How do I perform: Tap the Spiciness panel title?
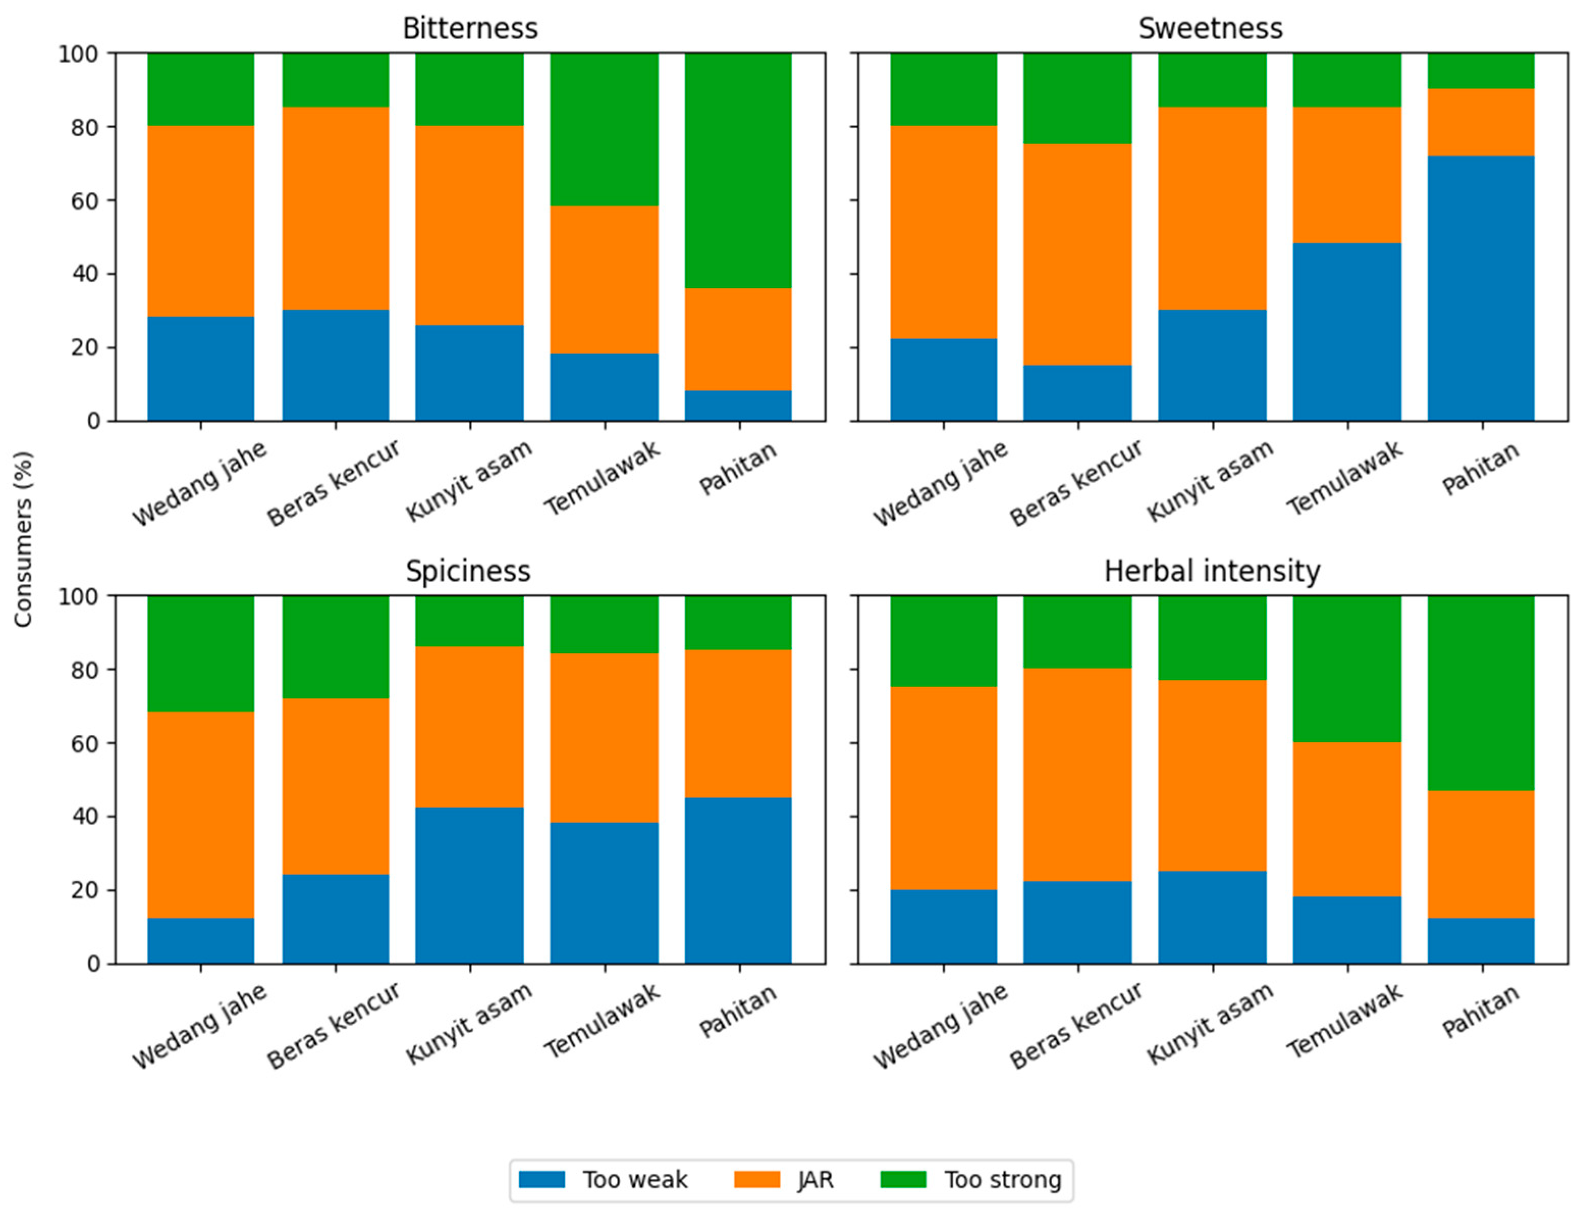[x=468, y=572]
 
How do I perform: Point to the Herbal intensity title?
[x=1212, y=572]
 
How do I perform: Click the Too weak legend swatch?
[x=542, y=1179]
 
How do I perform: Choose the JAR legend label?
[x=815, y=1180]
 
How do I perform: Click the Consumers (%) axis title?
[x=23, y=539]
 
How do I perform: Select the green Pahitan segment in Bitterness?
[x=739, y=171]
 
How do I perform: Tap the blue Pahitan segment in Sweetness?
[x=1481, y=288]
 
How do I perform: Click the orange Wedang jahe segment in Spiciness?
[x=201, y=815]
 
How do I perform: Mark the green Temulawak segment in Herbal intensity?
[x=1347, y=670]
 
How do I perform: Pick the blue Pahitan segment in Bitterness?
[x=739, y=405]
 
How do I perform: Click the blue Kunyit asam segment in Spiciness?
[x=470, y=885]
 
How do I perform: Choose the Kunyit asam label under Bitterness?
[x=469, y=481]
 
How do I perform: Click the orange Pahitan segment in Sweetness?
[x=1481, y=122]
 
